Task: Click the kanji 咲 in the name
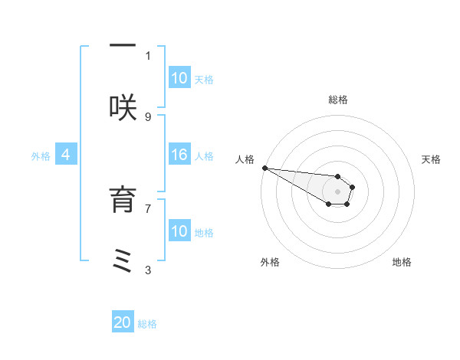[x=123, y=107]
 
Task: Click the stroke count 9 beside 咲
[x=148, y=116]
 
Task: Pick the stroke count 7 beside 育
[x=148, y=208]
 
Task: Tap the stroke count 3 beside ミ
[x=148, y=270]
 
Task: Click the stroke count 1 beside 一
[x=148, y=55]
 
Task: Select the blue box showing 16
[x=179, y=155]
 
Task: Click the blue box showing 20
[x=123, y=322]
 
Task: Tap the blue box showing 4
[x=66, y=155]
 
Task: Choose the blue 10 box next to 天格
[x=179, y=78]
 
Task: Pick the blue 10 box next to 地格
[x=179, y=231]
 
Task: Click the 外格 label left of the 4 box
[x=40, y=155]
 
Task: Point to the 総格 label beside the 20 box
[x=147, y=324]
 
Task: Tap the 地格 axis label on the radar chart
[x=402, y=262]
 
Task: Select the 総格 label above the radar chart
[x=338, y=100]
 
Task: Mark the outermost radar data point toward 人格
[x=264, y=168]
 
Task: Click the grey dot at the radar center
[x=337, y=191]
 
